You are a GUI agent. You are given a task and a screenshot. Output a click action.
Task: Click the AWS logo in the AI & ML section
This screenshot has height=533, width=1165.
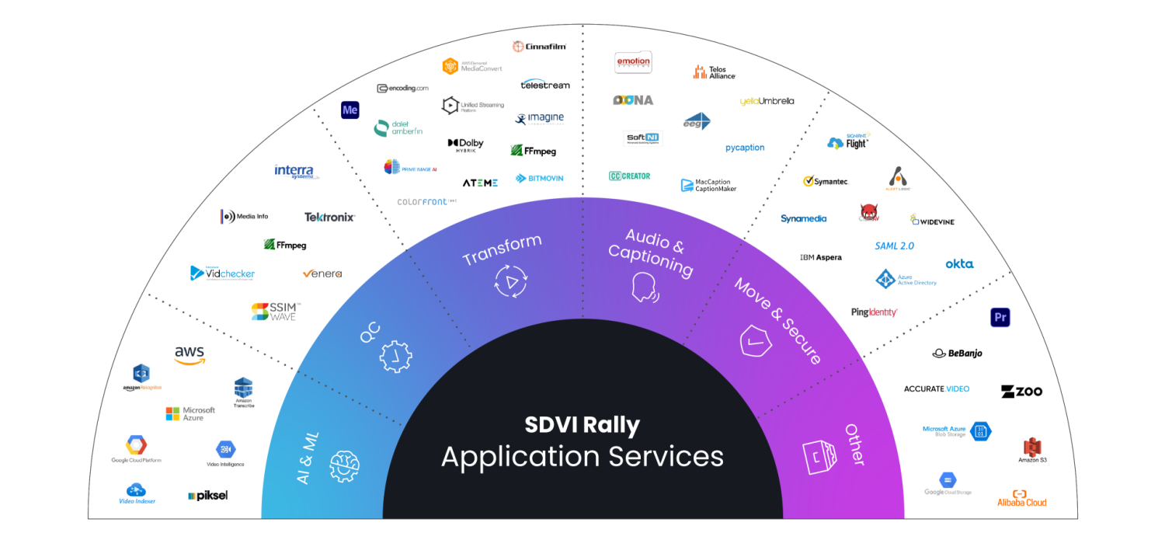190,355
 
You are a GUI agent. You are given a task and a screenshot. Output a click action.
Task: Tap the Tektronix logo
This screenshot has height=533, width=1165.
329,217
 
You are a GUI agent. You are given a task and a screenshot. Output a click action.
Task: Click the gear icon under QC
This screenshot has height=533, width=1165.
395,357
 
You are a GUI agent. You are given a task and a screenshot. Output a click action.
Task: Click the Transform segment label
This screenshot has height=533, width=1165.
502,249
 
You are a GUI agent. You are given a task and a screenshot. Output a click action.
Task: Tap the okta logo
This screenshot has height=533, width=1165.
959,264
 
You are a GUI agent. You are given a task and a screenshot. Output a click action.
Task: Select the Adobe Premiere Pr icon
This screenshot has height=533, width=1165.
1000,317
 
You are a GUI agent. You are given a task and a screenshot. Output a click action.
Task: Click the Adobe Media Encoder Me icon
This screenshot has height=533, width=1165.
350,110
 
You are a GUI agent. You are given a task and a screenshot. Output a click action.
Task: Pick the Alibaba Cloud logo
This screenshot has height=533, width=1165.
1022,498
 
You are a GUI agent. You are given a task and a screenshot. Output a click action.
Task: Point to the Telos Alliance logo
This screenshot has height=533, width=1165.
714,72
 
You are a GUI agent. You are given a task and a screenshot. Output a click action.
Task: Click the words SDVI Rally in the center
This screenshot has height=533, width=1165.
582,425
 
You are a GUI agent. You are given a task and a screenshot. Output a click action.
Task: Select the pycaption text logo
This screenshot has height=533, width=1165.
745,148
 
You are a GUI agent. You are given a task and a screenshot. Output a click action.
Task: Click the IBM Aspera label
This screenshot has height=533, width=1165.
820,257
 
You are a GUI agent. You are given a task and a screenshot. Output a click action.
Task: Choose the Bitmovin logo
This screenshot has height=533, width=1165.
540,178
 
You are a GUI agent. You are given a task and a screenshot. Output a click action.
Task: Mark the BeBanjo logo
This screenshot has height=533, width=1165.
958,353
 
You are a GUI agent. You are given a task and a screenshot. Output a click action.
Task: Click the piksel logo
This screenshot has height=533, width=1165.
207,495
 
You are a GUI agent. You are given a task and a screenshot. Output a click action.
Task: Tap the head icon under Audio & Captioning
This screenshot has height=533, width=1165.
645,287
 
